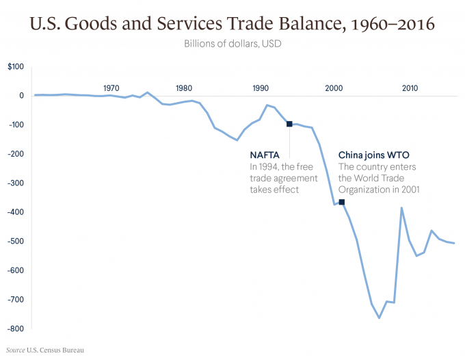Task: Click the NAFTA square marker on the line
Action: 289,124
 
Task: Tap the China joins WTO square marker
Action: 342,202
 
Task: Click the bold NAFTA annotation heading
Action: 265,155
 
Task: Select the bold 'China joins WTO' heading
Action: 374,155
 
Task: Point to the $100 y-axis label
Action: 16,66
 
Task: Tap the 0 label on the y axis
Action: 21,95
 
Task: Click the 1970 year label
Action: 111,88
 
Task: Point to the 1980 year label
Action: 183,88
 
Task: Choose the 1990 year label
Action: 260,88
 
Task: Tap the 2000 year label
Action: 334,88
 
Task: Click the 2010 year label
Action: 410,88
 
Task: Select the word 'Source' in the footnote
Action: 14,350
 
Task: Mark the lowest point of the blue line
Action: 379,318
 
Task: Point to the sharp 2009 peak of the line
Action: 401,207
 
